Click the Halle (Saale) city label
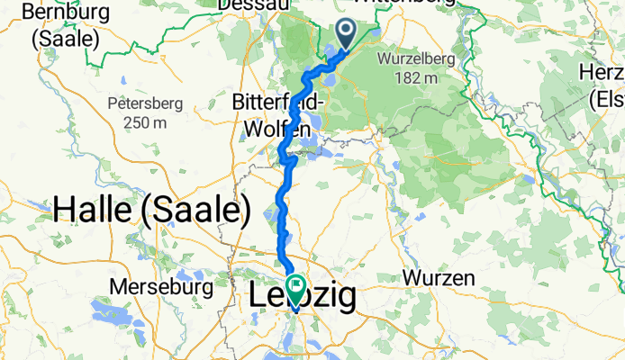click(151, 209)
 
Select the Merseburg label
click(161, 287)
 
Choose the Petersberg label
click(146, 103)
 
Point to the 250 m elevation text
click(146, 121)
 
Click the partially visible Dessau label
click(252, 4)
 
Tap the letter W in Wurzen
click(412, 278)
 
